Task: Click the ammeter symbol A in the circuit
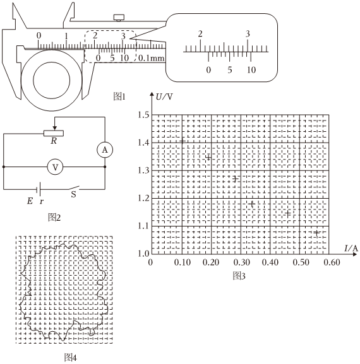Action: point(105,150)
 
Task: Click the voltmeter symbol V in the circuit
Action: point(55,167)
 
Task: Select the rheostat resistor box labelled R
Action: point(54,133)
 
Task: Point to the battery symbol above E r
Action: point(39,189)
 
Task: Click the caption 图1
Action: point(119,97)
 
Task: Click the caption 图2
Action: point(54,217)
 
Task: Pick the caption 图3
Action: point(239,276)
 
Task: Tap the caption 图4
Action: point(70,358)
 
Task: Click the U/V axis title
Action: point(164,97)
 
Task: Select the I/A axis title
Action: point(351,248)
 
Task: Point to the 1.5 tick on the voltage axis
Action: point(144,115)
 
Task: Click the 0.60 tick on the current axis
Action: point(332,262)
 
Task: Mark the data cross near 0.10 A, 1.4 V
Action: point(183,141)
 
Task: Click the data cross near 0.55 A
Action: point(316,233)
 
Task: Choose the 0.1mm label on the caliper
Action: point(152,58)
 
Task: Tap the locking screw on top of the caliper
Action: point(119,18)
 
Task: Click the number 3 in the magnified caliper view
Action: point(248,34)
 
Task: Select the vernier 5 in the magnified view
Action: point(230,70)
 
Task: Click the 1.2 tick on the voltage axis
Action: point(144,198)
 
